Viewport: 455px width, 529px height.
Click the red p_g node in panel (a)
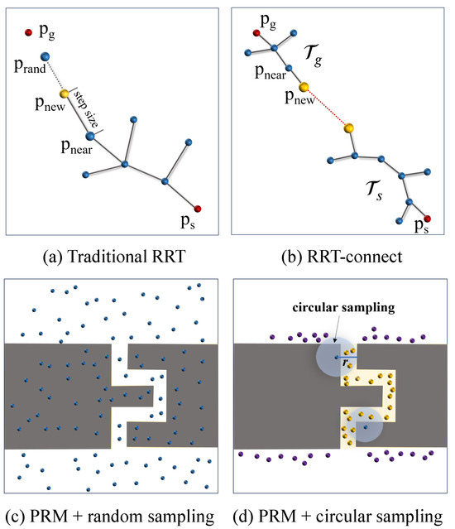pyautogui.click(x=28, y=33)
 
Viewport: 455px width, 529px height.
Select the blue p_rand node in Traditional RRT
pyautogui.click(x=45, y=57)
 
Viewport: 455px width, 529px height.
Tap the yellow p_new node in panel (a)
pyautogui.click(x=64, y=94)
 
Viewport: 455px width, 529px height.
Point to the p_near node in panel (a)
pyautogui.click(x=90, y=134)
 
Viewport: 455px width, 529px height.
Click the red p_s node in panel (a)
pyautogui.click(x=198, y=208)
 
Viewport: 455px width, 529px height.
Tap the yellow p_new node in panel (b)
pyautogui.click(x=304, y=87)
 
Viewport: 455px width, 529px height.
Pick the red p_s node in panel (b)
pyautogui.click(x=428, y=218)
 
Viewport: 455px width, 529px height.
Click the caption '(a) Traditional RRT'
pyautogui.click(x=114, y=256)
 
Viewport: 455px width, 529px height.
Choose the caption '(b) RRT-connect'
pyautogui.click(x=341, y=256)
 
